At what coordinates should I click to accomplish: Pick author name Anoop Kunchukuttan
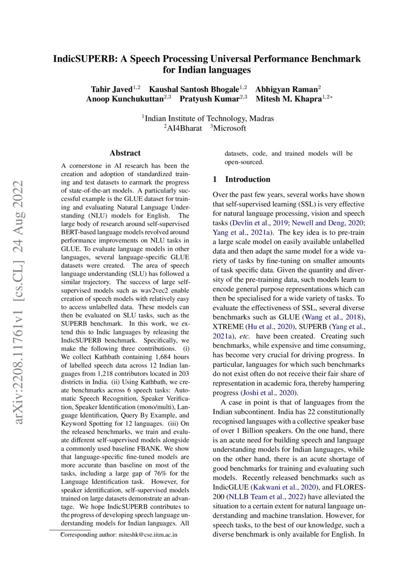[x=125, y=99]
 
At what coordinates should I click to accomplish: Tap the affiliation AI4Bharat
[x=182, y=128]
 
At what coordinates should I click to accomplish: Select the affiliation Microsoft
[x=229, y=128]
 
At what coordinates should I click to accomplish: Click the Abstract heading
[x=125, y=153]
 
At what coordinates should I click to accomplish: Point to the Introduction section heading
[x=248, y=179]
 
